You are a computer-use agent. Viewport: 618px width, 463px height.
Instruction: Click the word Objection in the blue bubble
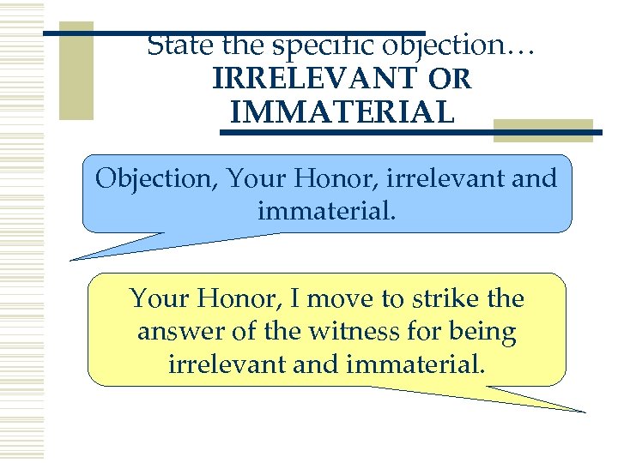click(149, 179)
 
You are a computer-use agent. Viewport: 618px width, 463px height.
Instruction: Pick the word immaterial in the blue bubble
click(326, 209)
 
